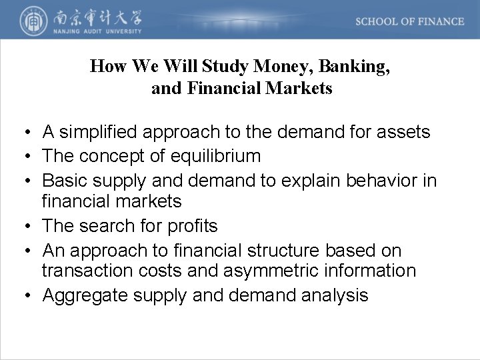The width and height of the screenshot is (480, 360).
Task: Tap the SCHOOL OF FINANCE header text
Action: tap(409, 21)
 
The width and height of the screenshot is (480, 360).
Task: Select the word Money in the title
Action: tap(277, 66)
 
